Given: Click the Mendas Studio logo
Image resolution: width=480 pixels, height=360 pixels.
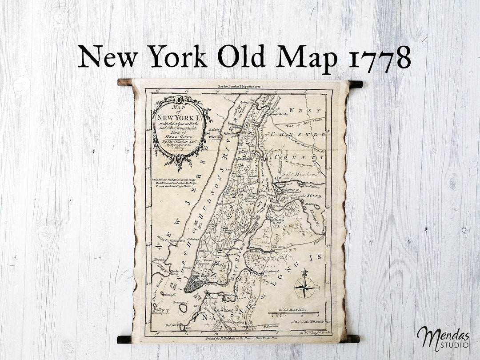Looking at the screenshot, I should tap(443, 338).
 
